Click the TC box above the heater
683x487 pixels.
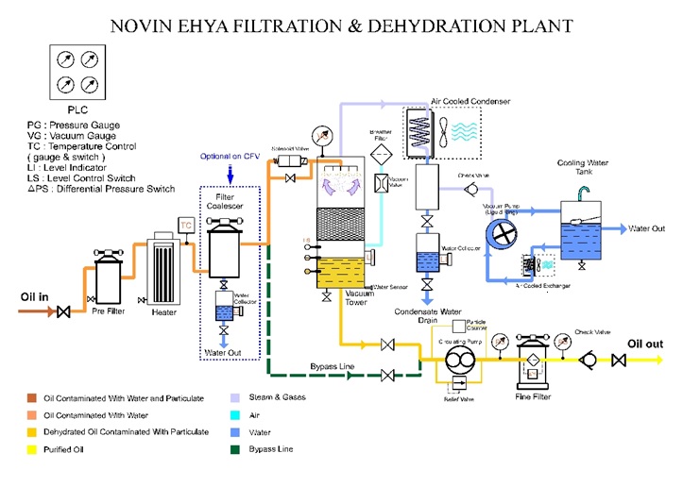coord(186,225)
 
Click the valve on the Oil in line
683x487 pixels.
coord(64,311)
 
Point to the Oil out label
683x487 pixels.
coord(647,344)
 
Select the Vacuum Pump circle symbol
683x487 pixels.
coord(507,231)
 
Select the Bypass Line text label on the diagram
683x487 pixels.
coord(332,365)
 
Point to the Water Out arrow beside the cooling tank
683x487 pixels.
coord(628,229)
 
